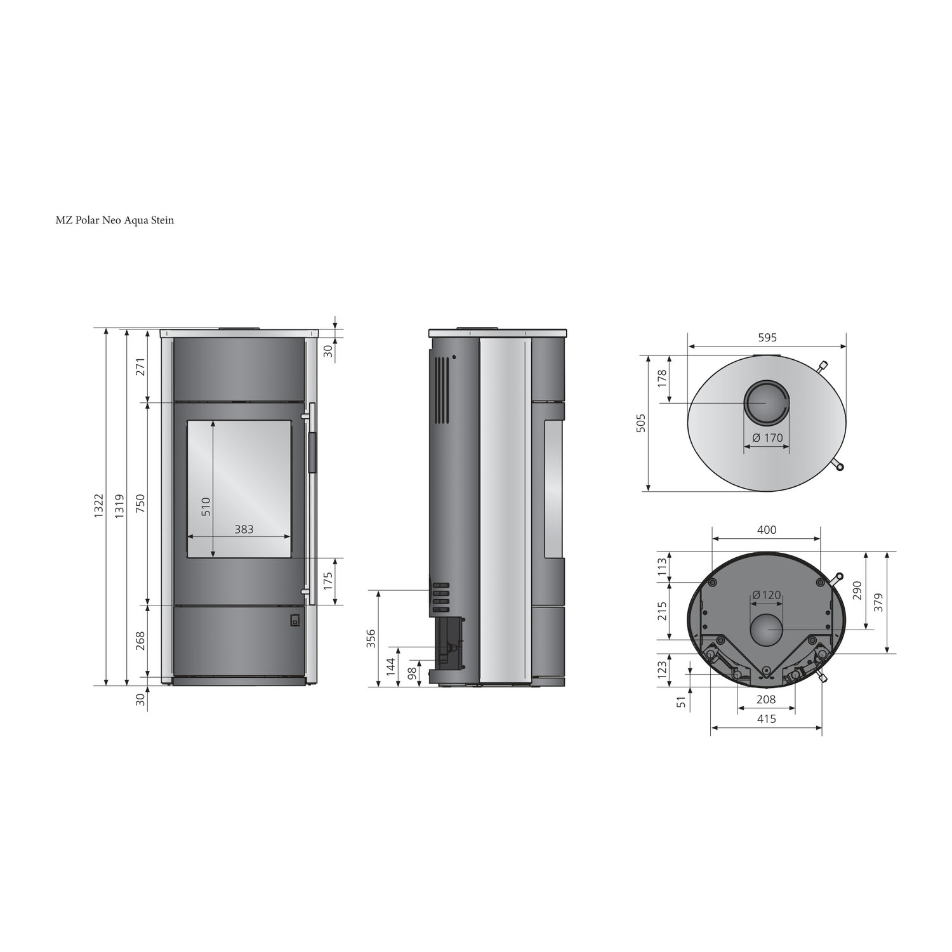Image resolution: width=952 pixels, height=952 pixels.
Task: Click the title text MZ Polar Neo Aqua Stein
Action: coord(114,221)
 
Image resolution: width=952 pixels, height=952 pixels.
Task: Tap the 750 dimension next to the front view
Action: coord(140,503)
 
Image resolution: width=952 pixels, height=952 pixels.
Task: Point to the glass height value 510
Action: coord(206,506)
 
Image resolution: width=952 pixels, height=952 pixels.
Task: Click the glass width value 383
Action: coord(244,529)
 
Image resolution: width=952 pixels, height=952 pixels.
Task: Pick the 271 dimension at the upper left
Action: coord(140,367)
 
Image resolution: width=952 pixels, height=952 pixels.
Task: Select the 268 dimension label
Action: coord(140,640)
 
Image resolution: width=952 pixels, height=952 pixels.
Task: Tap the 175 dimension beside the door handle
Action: coord(327,581)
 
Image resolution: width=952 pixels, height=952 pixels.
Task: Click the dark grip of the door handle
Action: coord(312,453)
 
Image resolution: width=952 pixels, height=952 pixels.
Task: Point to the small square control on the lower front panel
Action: coord(294,621)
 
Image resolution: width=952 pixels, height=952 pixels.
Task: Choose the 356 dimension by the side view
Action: coord(371,638)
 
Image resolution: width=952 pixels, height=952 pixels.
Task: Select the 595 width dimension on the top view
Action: coord(767,338)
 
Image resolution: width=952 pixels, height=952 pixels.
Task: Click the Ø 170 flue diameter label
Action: coord(767,438)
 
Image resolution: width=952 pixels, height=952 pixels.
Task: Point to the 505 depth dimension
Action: coord(641,423)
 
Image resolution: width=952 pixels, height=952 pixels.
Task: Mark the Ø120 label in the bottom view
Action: coord(767,595)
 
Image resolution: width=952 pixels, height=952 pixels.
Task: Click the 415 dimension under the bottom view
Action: coord(767,719)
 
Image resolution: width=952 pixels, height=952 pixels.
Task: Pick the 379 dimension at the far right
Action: coord(880,602)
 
